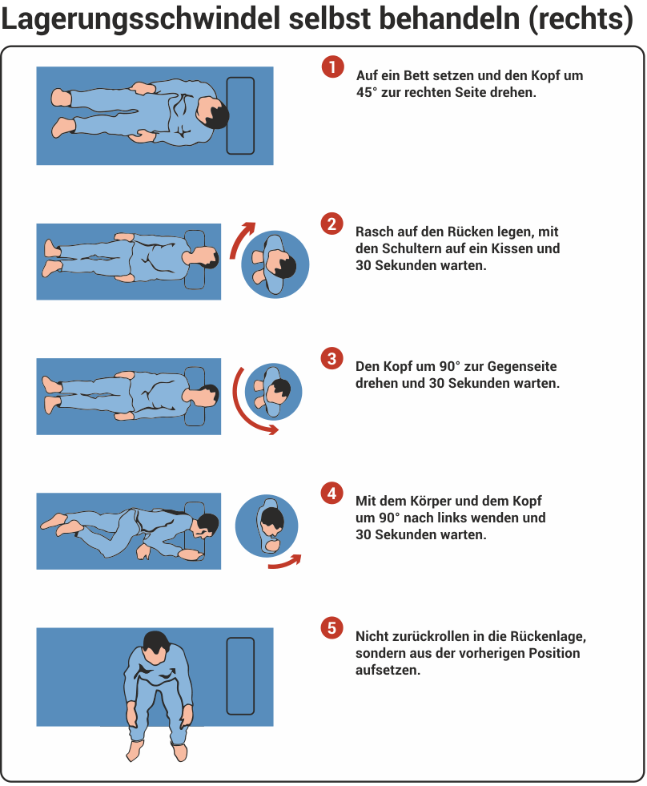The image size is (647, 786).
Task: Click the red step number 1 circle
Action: tap(332, 67)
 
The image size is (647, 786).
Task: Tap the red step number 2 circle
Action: tap(332, 224)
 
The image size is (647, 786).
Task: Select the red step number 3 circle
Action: tap(332, 358)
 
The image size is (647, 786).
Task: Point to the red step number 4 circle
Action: tap(332, 494)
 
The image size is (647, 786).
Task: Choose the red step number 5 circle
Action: tap(332, 628)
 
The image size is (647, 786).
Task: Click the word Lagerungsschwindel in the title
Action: tap(140, 19)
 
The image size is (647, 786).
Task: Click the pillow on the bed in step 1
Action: tap(240, 115)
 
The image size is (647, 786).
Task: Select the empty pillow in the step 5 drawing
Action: tap(240, 676)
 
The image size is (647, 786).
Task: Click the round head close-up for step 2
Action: tap(275, 264)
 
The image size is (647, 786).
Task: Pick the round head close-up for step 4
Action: tap(267, 526)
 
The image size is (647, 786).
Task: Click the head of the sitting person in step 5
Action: tap(155, 643)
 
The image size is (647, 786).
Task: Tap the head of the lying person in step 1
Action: tap(213, 114)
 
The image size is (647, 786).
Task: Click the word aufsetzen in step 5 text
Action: tap(388, 670)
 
